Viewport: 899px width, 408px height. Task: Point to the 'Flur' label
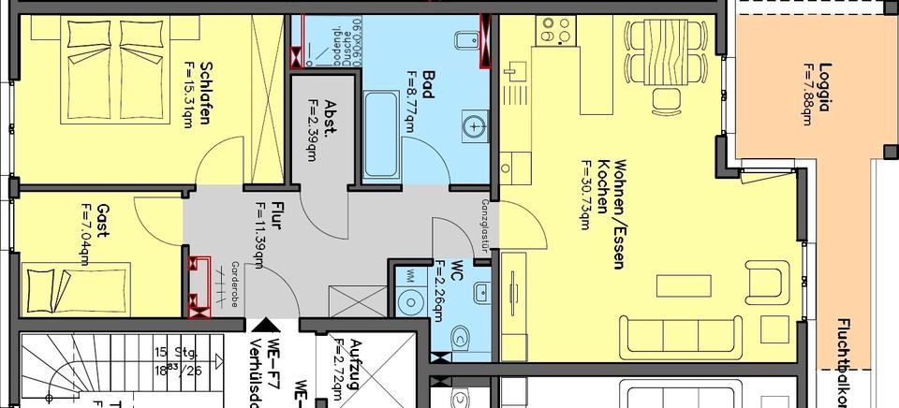click(x=276, y=216)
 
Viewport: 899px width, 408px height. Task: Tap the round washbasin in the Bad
click(x=476, y=123)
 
